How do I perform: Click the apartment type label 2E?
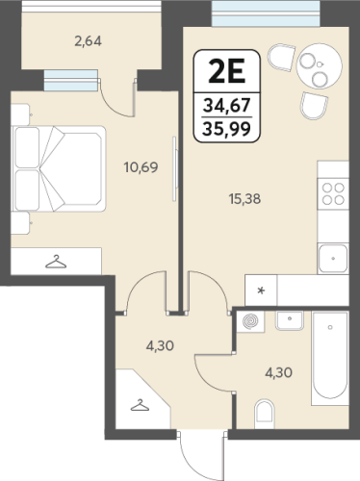[227, 72]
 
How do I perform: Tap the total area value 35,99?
[227, 129]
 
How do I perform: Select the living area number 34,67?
[227, 105]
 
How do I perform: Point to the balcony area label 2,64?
[89, 41]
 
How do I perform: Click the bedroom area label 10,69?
[141, 167]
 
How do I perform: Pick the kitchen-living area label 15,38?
[244, 199]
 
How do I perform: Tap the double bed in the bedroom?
[59, 168]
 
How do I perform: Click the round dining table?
[320, 66]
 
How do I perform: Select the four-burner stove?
[333, 193]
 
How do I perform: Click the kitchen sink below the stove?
[333, 259]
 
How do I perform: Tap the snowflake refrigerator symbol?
[261, 291]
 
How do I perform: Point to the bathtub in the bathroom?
[330, 358]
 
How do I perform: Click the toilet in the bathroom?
[265, 414]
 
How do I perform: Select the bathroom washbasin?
[290, 320]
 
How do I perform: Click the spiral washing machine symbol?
[251, 321]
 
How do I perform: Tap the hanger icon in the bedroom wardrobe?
[56, 262]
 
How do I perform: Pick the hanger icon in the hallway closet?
[140, 405]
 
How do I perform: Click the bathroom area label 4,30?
[278, 373]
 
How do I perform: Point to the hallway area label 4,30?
[160, 346]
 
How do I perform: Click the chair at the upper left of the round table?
[281, 57]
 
